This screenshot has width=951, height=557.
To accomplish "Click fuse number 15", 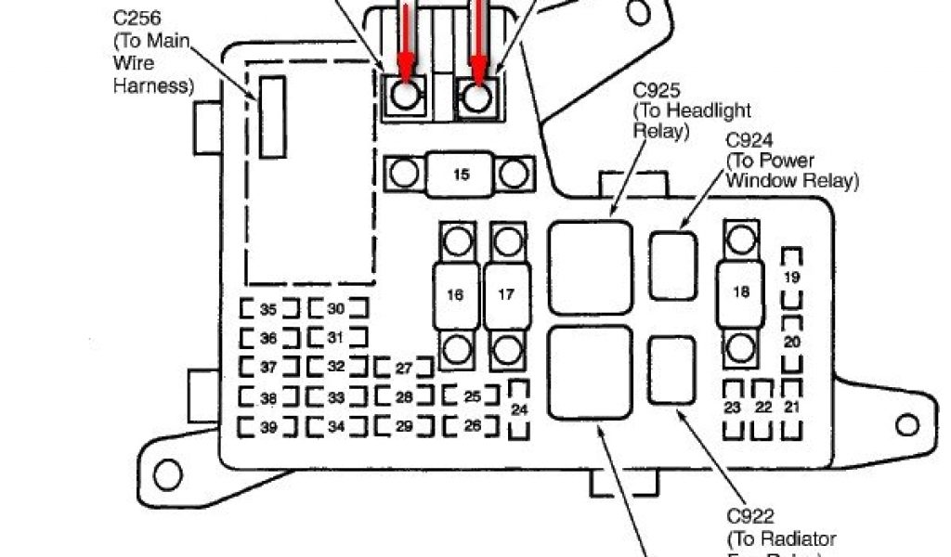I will pos(461,173).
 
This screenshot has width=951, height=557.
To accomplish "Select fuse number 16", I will pos(455,295).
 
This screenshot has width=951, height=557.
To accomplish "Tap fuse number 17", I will pos(506,295).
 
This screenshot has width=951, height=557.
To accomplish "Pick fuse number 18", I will pos(741,291).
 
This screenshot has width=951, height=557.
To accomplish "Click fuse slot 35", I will pos(268,309).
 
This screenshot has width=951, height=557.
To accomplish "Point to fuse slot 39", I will pos(268,427).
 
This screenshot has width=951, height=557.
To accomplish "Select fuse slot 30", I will pos(336,309).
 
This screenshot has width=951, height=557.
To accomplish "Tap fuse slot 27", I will pos(404,368).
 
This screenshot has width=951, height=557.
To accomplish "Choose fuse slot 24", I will pos(520,408).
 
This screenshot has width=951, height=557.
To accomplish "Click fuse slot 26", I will pos(473,427).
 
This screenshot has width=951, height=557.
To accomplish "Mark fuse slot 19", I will pos(791,277).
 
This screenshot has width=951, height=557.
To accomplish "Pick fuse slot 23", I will pos(733,408).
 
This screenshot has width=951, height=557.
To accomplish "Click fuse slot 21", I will pos(792,408).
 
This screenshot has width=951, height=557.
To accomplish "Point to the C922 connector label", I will pos(751,516).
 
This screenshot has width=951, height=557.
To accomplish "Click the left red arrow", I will pos(405,37).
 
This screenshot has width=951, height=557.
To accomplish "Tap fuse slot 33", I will pos(336,397).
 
